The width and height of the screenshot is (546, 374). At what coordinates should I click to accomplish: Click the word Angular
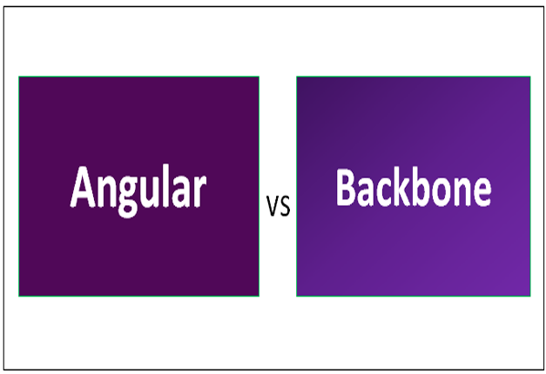coord(138,188)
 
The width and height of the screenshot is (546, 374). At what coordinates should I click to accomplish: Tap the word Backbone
coord(413,187)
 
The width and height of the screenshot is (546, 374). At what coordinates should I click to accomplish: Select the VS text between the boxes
coord(278,207)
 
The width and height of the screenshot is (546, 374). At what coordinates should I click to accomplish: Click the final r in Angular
coord(199,190)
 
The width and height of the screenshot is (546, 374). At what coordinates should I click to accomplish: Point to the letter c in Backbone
coord(381,190)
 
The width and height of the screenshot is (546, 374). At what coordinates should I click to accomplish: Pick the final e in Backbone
coord(481,190)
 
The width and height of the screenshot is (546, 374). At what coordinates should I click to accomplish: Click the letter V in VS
coord(272,207)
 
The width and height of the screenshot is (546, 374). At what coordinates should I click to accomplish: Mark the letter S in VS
coord(285,207)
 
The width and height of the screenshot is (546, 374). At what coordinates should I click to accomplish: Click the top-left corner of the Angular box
coord(19,77)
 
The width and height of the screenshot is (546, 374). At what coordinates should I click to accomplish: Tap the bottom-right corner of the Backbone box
coord(530,296)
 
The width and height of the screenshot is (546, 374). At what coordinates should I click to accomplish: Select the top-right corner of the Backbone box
coord(530,77)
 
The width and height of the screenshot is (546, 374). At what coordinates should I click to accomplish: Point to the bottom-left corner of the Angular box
coord(19,296)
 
